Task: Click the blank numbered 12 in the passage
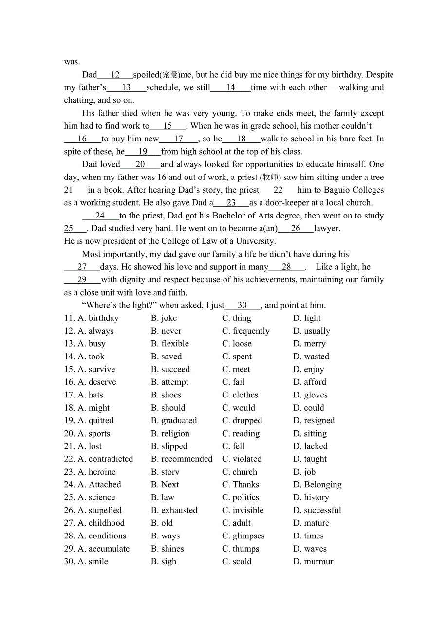pyautogui.click(x=115, y=75)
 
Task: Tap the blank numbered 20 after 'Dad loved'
pyautogui.click(x=140, y=164)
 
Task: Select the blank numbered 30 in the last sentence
pyautogui.click(x=242, y=305)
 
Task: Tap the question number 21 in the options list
pyautogui.click(x=69, y=446)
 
